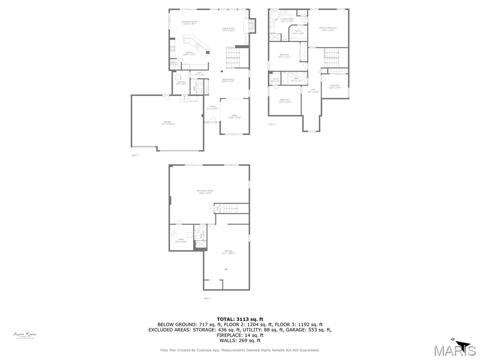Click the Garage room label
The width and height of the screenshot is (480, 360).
coord(167,123)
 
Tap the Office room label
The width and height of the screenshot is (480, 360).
coord(234,116)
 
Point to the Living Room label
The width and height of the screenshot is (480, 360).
coord(228,29)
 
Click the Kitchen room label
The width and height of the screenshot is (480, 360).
coord(189,53)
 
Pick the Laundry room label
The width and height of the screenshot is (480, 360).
coord(181,83)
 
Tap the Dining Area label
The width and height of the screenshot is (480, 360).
coord(228,80)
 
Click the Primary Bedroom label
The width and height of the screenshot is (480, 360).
coord(328,29)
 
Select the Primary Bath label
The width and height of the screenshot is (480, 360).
coord(287,20)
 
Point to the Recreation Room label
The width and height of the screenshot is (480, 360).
coord(205,191)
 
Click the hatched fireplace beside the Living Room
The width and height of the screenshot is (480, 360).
coord(252,26)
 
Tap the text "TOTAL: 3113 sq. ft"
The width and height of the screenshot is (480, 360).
coord(240,319)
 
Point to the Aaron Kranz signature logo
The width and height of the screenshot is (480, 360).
coord(25,335)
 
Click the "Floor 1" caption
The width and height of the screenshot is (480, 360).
coord(207,298)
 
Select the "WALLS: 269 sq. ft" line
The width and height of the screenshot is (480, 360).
coord(240,341)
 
